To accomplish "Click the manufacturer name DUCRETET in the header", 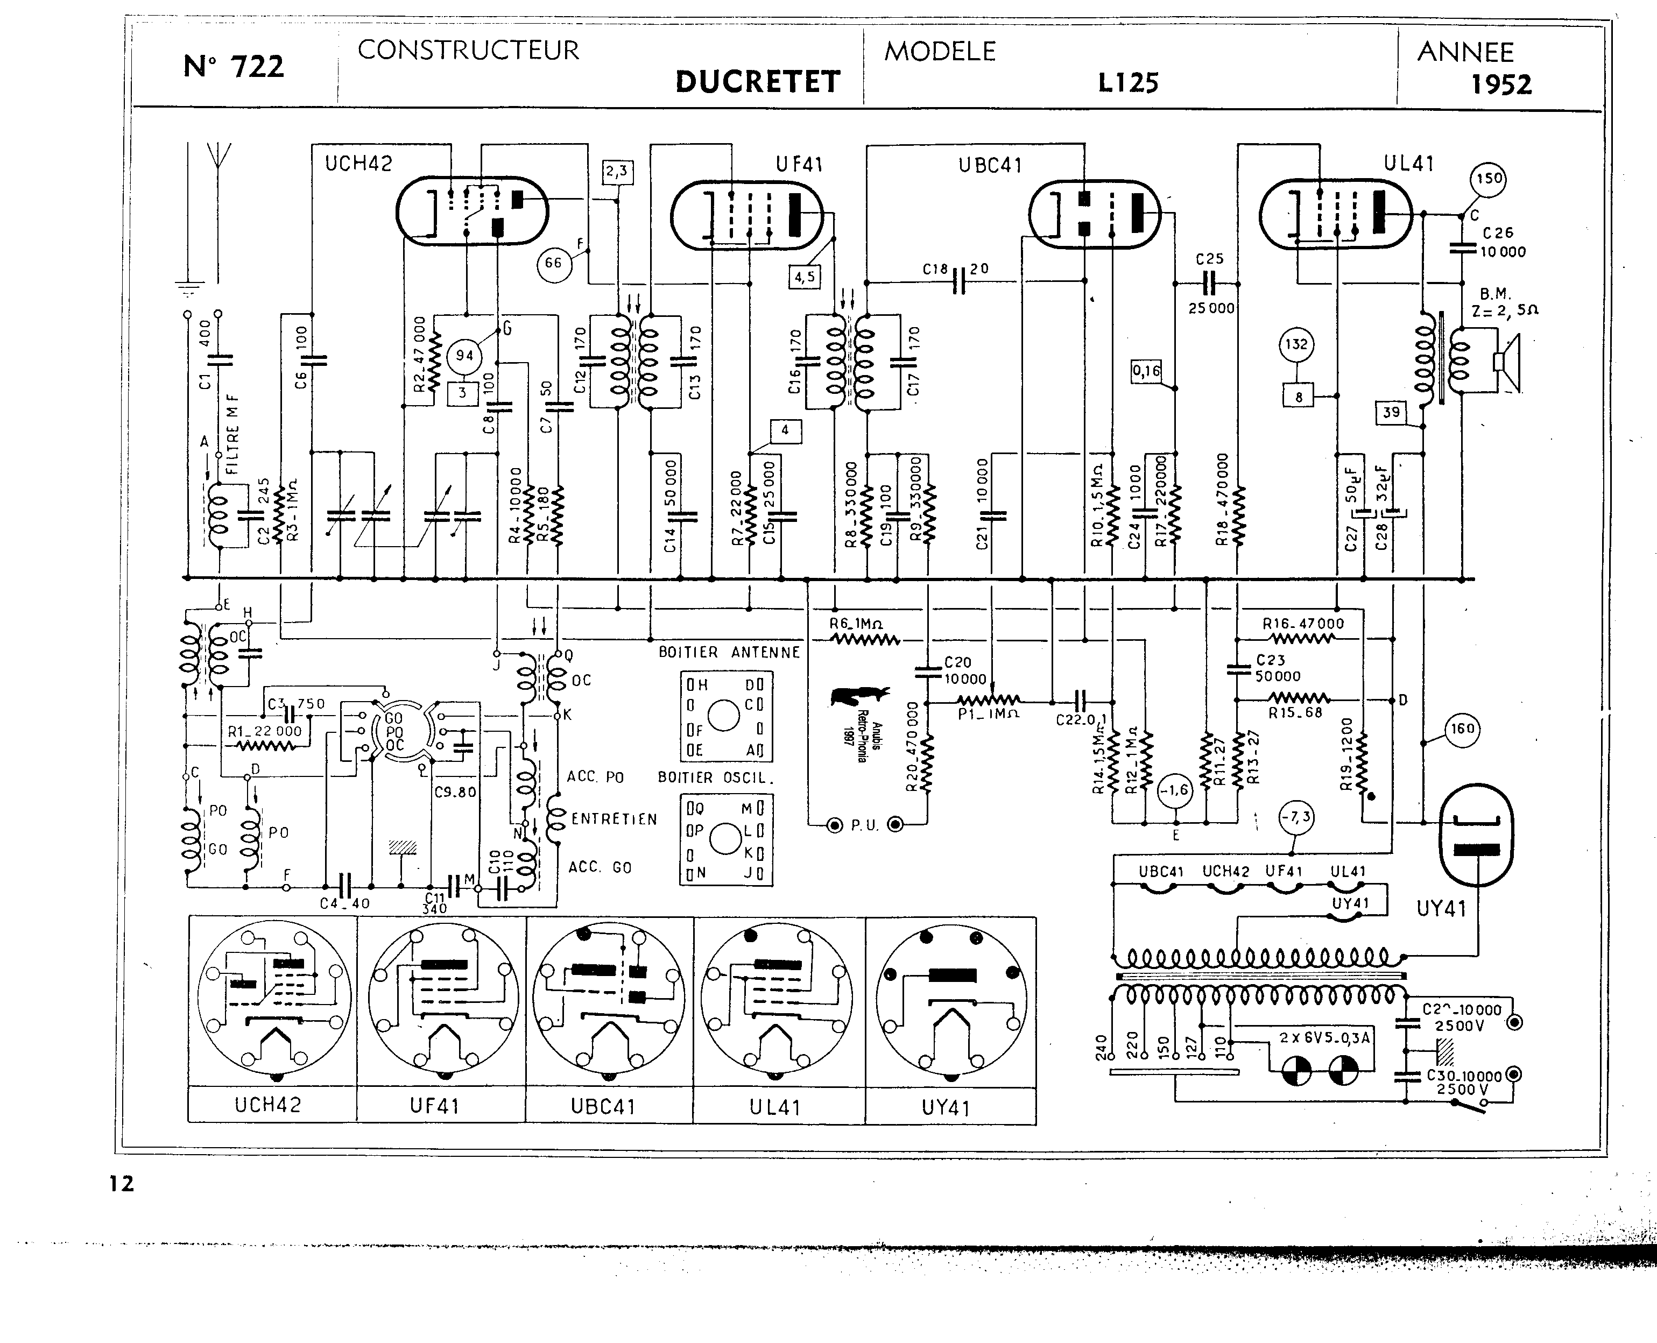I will (x=757, y=82).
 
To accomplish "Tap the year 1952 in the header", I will (x=1501, y=84).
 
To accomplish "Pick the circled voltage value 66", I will (x=553, y=263).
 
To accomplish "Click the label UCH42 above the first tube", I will (x=358, y=164).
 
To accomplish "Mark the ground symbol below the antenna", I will (x=186, y=289).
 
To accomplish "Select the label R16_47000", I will (x=1303, y=624).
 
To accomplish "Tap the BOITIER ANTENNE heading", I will (x=729, y=652).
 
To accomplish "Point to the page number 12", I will (x=122, y=1184).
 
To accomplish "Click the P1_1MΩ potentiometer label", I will (x=988, y=713).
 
